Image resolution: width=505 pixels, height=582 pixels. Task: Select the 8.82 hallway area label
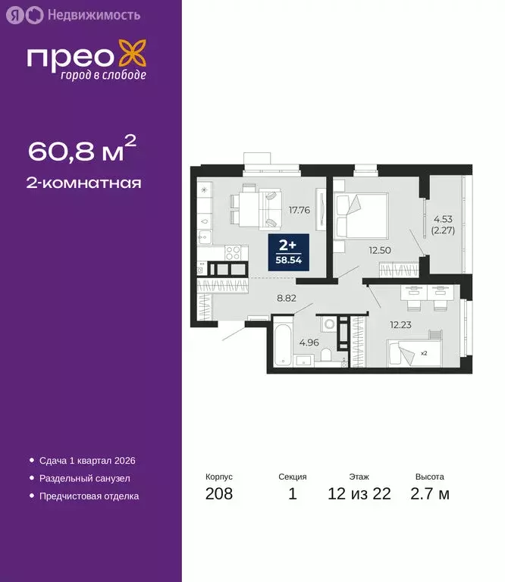pos(286,298)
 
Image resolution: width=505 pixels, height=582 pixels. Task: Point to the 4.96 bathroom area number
pos(309,342)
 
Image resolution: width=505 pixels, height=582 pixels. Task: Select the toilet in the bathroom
pos(326,355)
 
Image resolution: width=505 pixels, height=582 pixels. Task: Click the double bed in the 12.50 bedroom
pos(363,214)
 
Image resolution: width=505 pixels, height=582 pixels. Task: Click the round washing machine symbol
pos(328,324)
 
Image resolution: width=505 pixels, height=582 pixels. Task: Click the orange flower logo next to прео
pos(135,58)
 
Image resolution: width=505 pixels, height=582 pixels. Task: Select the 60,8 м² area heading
pos(83,151)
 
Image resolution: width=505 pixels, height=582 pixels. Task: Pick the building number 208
pos(219,495)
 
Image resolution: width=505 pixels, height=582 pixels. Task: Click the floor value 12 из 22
pos(359,495)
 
